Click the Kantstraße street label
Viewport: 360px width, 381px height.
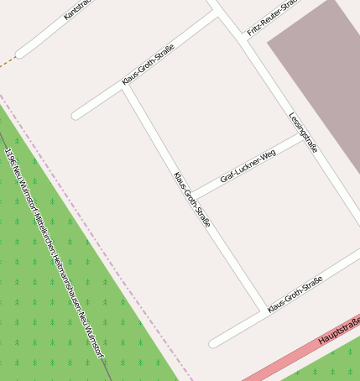[x=77, y=8]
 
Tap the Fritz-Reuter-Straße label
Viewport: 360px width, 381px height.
[x=274, y=18]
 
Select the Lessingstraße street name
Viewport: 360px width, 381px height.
[x=303, y=133]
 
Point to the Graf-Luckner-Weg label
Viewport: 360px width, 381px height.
[x=248, y=166]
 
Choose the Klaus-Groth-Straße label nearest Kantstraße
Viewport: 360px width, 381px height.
[x=148, y=65]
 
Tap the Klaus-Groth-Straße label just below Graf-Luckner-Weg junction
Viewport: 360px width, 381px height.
[x=191, y=200]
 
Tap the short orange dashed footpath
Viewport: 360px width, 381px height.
[x=7, y=61]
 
